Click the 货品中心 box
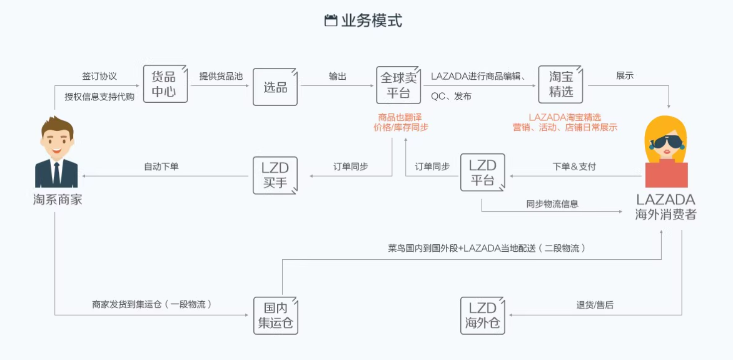point(166,84)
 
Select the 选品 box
point(275,87)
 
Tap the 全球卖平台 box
point(398,85)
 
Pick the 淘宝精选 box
point(560,84)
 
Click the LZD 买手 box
point(275,175)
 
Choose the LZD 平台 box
point(482,172)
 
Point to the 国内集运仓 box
point(275,315)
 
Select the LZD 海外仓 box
point(482,315)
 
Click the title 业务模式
point(371,20)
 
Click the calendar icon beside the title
point(331,20)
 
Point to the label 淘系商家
point(57,200)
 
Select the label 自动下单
point(161,167)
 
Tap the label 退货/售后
point(595,305)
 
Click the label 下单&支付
point(574,167)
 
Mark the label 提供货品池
point(221,76)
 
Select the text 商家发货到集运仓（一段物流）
point(152,304)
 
